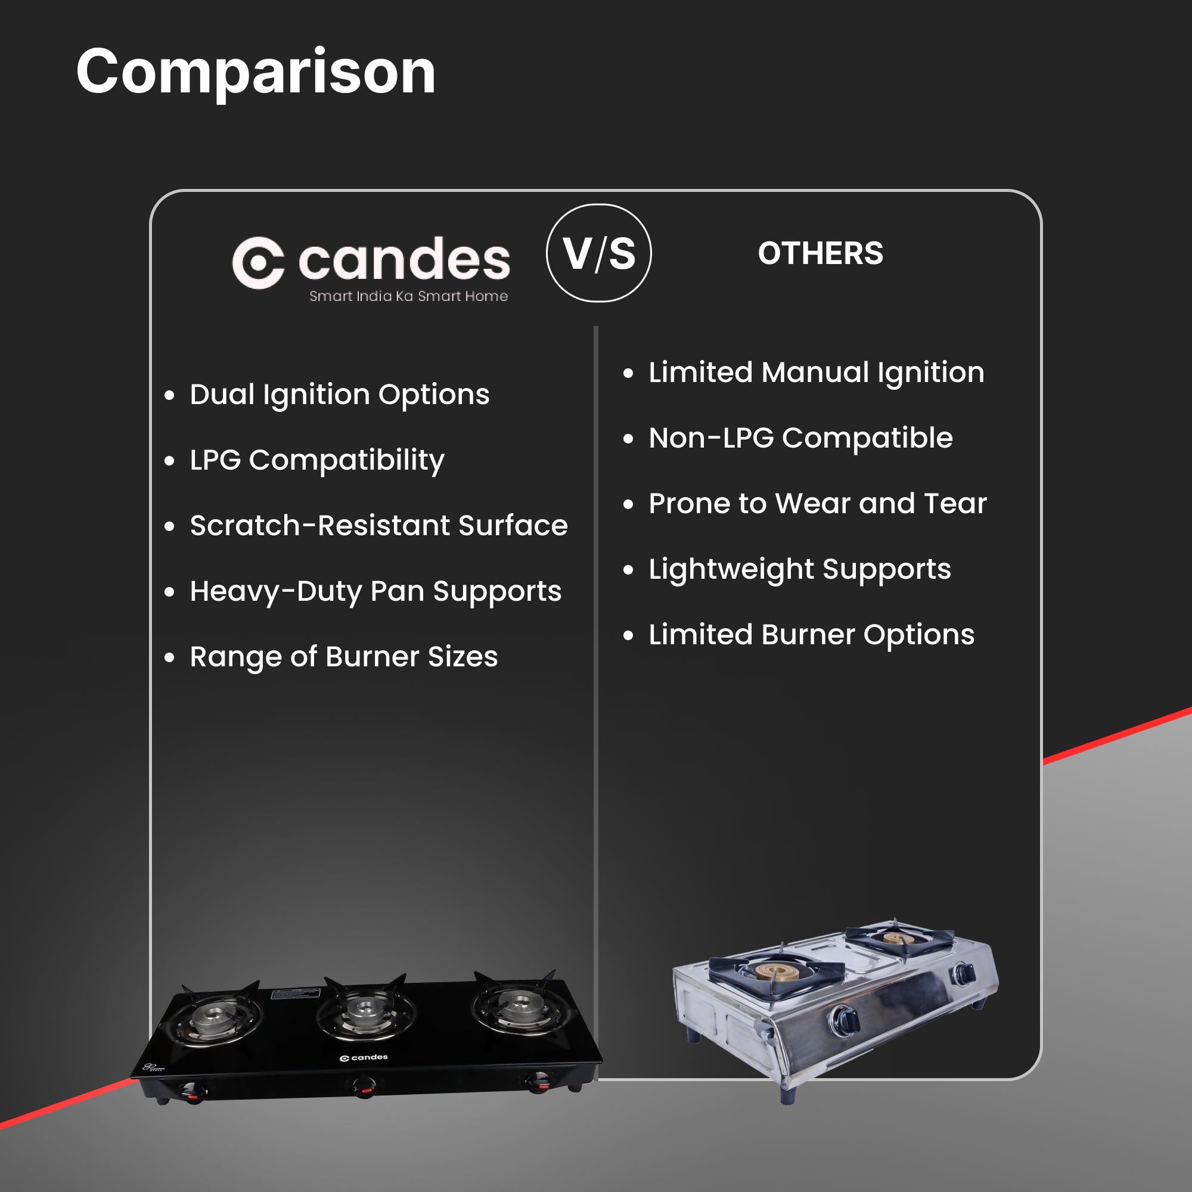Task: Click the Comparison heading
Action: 256,73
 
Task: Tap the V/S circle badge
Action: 598,253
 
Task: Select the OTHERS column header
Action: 821,253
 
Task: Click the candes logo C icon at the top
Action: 258,262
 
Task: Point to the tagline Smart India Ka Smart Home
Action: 408,296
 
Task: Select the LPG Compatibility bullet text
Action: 317,460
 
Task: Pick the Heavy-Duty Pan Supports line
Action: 375,592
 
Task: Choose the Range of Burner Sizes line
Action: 344,657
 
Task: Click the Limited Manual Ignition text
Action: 817,372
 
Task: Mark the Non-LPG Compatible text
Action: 801,438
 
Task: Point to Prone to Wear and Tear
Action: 818,504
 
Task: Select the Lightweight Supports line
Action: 800,569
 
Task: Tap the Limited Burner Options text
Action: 811,635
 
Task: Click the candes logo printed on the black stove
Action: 364,1057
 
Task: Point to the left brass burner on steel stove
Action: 779,973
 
